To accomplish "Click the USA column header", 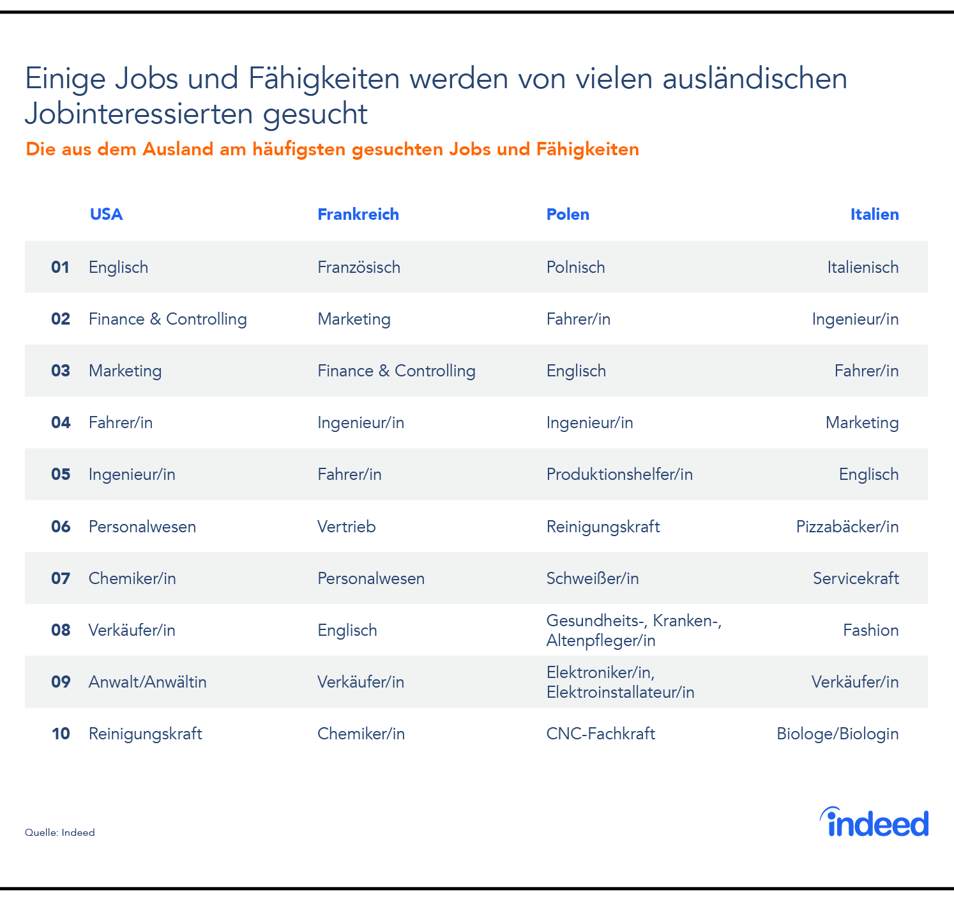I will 106,214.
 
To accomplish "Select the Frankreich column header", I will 358,214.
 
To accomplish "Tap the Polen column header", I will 568,214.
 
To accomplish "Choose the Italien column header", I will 874,214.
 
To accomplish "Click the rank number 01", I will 60,267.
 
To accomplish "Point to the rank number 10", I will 61,734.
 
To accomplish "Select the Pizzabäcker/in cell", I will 847,527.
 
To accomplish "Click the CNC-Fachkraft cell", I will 600,734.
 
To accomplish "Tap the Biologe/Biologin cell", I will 837,734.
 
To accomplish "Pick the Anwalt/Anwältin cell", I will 148,682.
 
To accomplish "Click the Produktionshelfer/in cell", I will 619,474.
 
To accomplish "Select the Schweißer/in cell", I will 593,578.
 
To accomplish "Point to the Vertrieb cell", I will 346,527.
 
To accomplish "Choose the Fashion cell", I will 870,630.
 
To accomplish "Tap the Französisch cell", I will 359,267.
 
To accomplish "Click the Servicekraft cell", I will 856,578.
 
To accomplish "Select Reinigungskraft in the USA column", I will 145,734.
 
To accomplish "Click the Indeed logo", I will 874,823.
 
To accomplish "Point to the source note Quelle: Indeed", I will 59,833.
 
